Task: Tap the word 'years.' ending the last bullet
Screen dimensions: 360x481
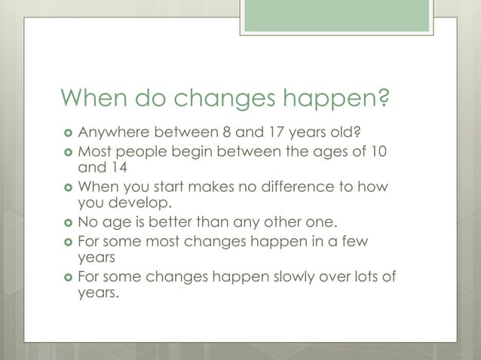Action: [x=99, y=294]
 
